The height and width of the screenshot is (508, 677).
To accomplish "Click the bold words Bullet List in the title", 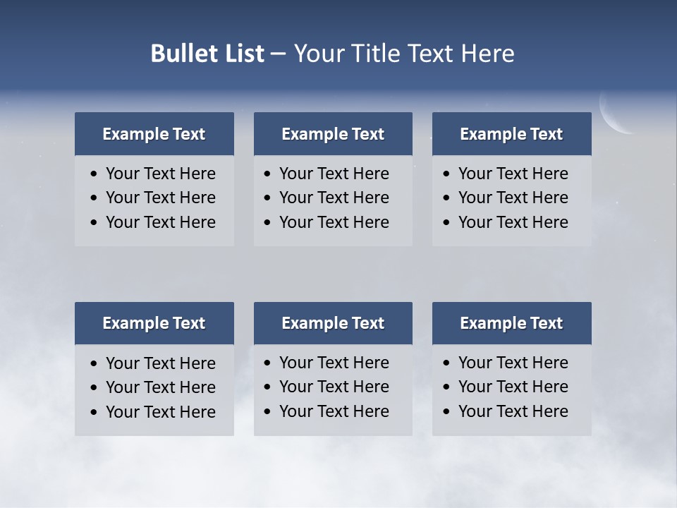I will [x=207, y=54].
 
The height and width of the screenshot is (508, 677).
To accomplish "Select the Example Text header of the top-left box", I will [x=154, y=134].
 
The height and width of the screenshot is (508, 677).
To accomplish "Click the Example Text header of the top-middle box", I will [x=333, y=134].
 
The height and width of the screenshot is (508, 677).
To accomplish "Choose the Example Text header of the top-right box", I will [x=511, y=134].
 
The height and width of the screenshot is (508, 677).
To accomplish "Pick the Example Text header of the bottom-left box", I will [x=154, y=323].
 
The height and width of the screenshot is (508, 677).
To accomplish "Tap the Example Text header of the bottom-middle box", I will [x=333, y=323].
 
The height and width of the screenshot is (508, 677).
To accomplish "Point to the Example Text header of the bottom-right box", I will [x=511, y=323].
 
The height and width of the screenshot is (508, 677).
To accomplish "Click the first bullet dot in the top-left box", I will [x=94, y=174].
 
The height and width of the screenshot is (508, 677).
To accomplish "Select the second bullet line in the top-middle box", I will [x=334, y=198].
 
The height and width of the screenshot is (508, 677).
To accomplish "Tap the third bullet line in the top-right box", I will [x=513, y=222].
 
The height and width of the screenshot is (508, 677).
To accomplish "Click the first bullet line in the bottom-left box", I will [x=160, y=363].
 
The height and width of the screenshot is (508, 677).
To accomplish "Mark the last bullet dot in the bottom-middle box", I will [x=267, y=412].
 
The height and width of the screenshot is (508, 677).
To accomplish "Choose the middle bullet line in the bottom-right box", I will [x=513, y=387].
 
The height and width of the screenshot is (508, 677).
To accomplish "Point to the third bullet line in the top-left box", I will [x=160, y=222].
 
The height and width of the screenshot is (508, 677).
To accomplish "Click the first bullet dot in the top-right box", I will [x=447, y=174].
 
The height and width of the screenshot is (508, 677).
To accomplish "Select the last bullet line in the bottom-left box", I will [x=160, y=412].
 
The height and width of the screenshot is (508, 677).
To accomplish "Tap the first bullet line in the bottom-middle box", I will [x=334, y=363].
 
